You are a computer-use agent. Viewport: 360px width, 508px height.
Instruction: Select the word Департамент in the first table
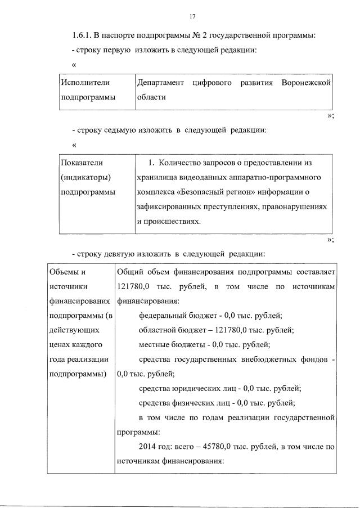160,83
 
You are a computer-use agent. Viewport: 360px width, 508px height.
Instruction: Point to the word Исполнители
85,83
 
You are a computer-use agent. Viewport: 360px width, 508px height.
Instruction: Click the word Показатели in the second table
82,163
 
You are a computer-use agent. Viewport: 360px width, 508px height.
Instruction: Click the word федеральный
163,316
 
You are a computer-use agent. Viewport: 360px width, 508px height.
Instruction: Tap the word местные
154,345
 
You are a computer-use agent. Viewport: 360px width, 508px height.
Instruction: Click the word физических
191,403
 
